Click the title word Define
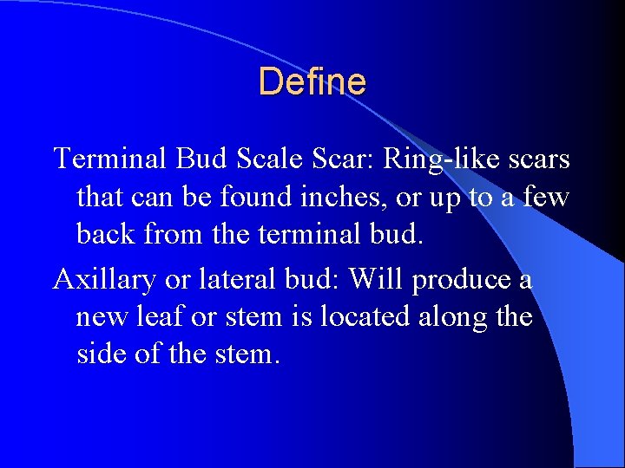coord(312,81)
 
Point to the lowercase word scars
coord(533,159)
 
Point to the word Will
coord(378,279)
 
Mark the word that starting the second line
coord(101,197)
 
